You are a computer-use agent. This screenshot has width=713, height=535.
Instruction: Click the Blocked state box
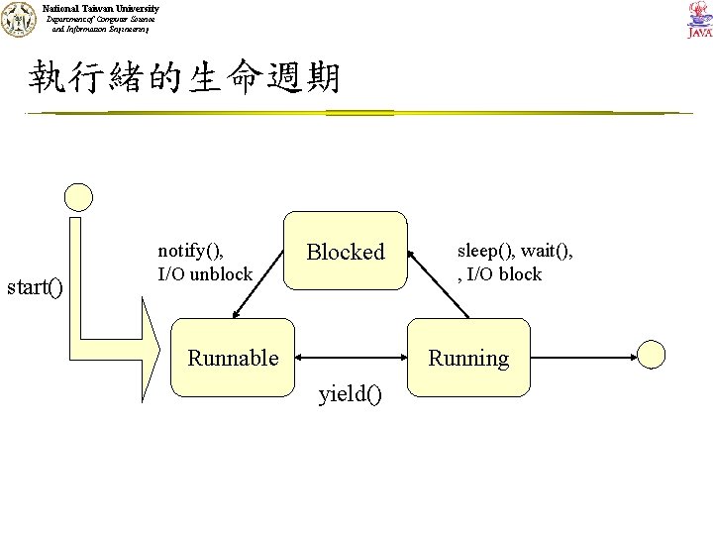click(x=346, y=252)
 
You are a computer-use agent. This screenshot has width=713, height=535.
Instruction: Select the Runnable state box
click(x=234, y=357)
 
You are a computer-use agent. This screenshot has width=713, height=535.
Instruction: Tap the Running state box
click(x=468, y=357)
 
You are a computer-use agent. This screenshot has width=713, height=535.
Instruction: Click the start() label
click(x=35, y=288)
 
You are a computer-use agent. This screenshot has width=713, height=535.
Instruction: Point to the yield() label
click(x=350, y=397)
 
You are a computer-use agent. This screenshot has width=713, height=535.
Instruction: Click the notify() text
click(x=197, y=252)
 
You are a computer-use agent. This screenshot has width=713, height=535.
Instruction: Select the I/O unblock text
click(x=205, y=273)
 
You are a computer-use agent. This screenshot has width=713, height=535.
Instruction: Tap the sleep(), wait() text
click(x=514, y=252)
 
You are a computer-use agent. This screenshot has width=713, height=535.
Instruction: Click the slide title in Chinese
click(x=184, y=76)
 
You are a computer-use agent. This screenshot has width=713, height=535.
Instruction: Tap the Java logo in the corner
click(x=697, y=20)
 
